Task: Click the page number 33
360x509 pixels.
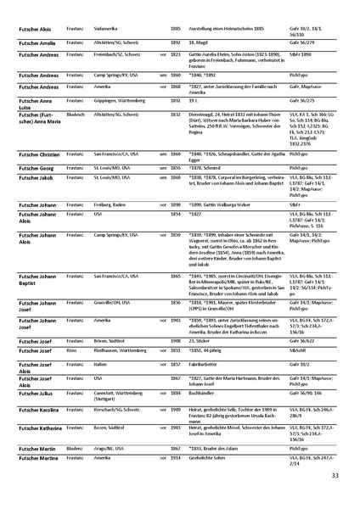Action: point(335,475)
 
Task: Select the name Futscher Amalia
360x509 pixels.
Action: point(36,41)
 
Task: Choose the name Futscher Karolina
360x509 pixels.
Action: point(38,410)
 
